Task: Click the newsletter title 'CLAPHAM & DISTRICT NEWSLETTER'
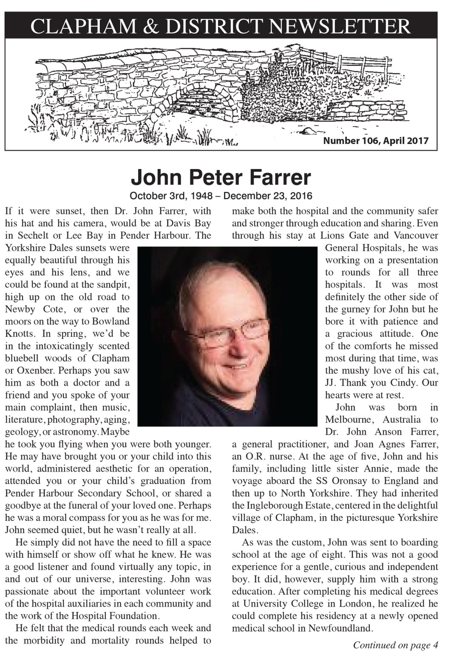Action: point(221,26)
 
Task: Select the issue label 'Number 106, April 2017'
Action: point(376,141)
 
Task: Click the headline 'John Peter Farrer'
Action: point(221,177)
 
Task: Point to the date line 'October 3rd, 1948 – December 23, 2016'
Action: point(221,196)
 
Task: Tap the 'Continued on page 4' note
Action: point(395,645)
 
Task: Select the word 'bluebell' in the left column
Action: point(21,358)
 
